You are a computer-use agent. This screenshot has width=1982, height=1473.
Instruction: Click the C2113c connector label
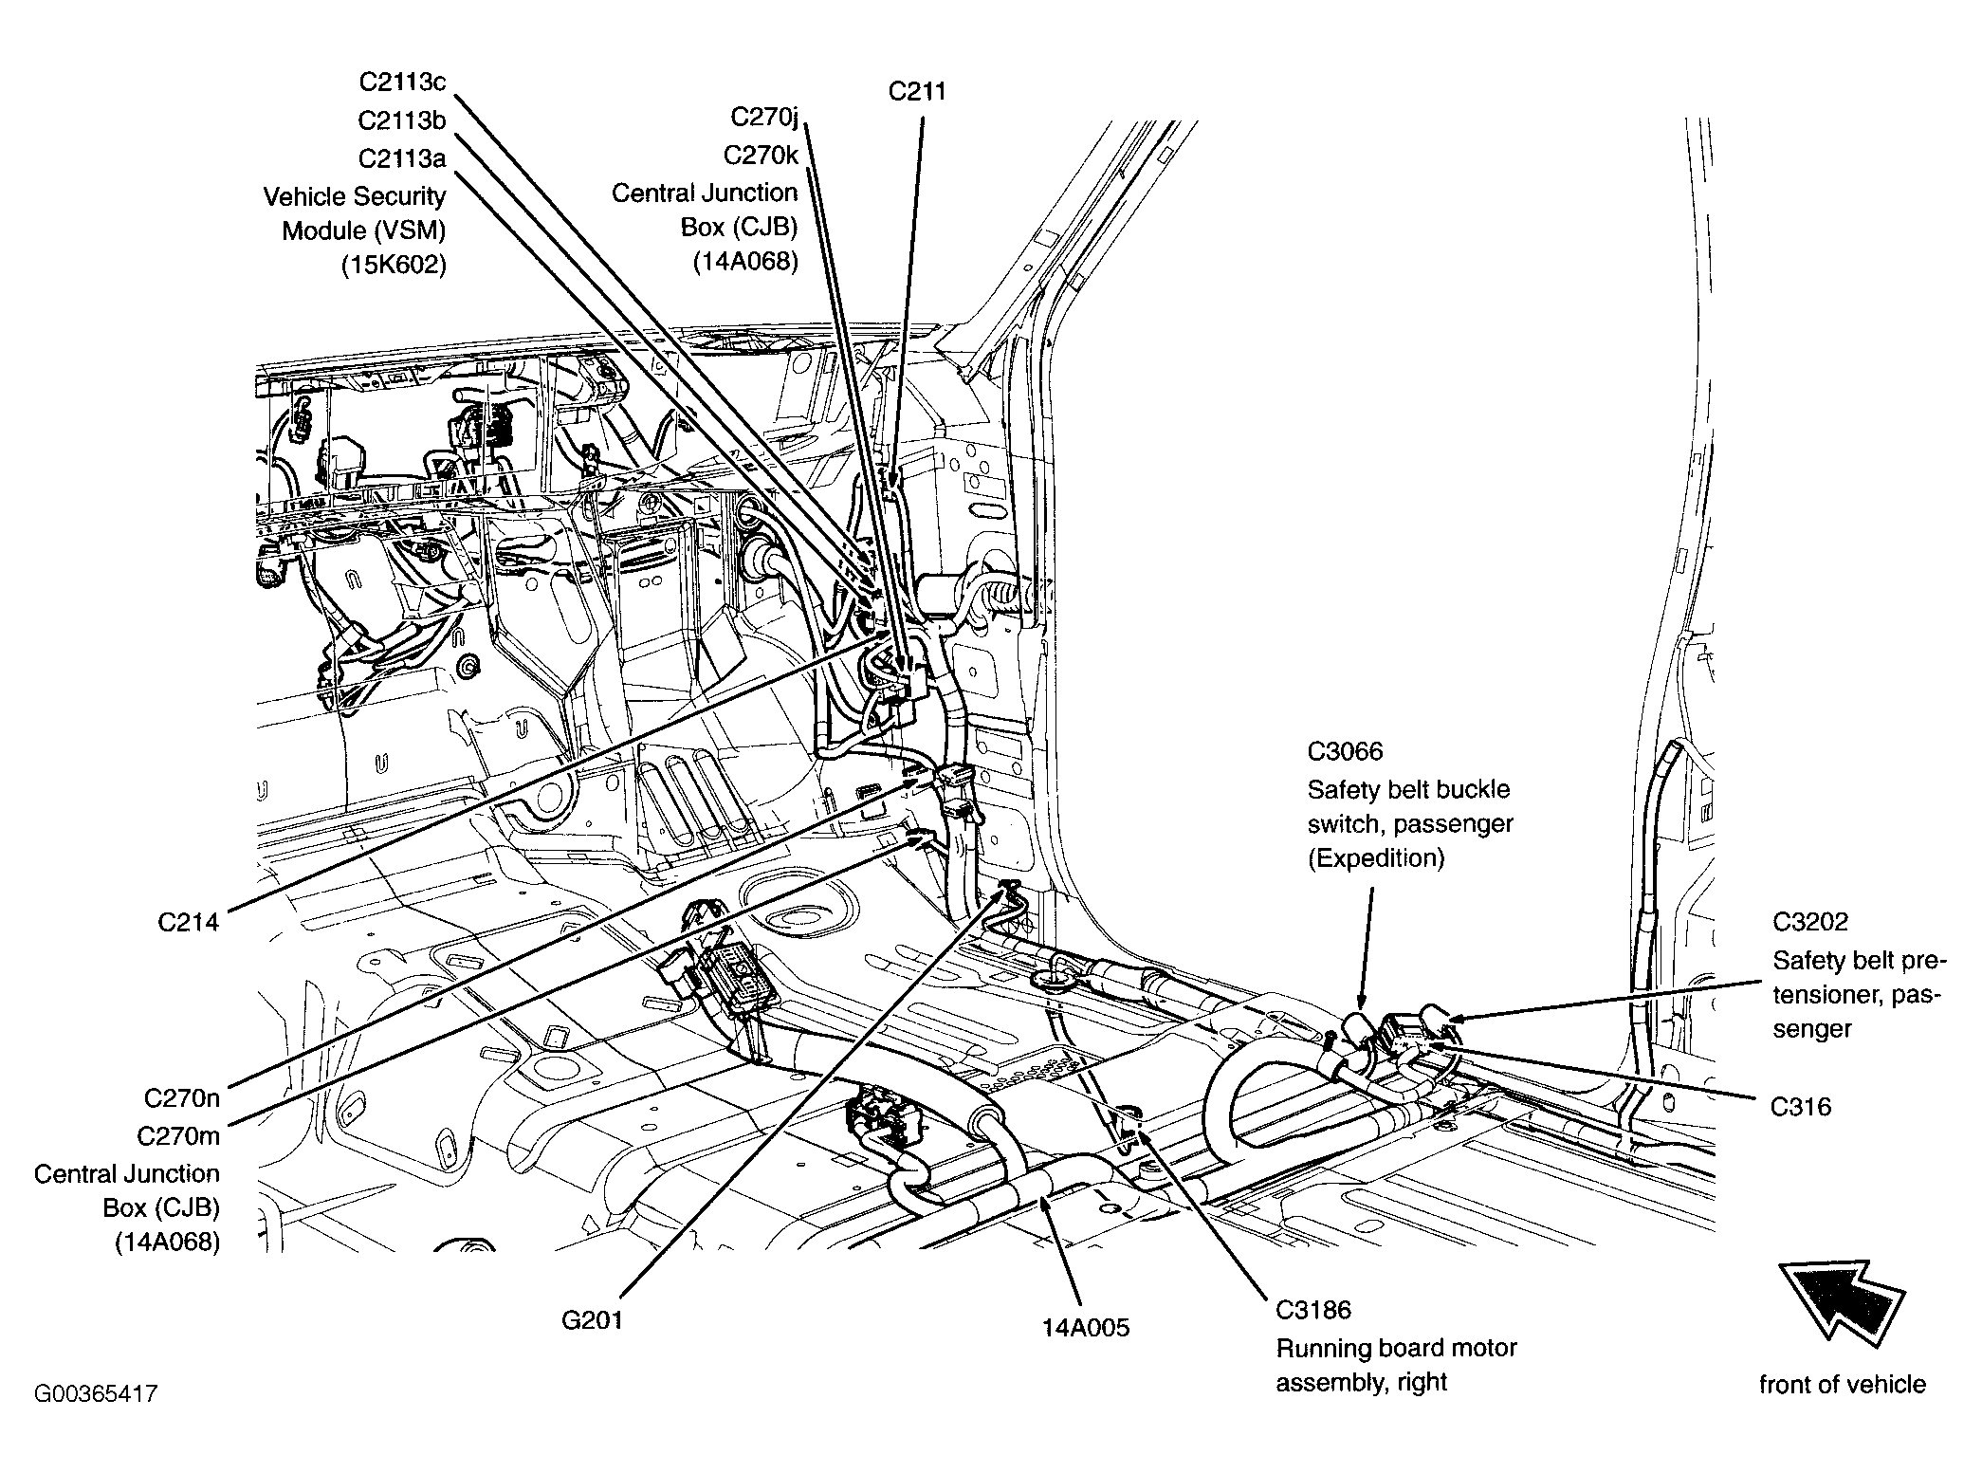click(402, 83)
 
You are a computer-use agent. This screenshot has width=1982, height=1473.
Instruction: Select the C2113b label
click(402, 120)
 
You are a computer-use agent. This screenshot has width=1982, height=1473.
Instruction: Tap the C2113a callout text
click(402, 158)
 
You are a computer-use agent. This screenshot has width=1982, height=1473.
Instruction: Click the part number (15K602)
click(394, 266)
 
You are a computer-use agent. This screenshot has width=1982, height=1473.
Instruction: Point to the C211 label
click(917, 92)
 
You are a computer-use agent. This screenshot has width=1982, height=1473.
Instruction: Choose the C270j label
click(764, 117)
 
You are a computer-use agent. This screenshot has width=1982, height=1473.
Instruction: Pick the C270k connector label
click(762, 155)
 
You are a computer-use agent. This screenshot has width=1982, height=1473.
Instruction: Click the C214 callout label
click(188, 922)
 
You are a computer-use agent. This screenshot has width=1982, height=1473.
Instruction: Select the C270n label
click(182, 1098)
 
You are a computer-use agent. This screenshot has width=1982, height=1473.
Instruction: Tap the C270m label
click(178, 1136)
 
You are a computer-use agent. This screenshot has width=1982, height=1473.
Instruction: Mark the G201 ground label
click(592, 1320)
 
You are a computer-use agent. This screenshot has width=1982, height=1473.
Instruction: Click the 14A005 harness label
click(1086, 1328)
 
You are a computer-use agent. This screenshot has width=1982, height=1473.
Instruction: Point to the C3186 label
click(1313, 1310)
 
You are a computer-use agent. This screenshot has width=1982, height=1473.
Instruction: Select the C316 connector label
click(1801, 1107)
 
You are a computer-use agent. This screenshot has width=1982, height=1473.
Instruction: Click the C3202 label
click(1811, 922)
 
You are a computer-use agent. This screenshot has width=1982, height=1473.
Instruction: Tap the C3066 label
click(1345, 752)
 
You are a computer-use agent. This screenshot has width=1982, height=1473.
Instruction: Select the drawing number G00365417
click(96, 1394)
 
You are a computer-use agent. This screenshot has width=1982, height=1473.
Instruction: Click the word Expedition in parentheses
click(1376, 858)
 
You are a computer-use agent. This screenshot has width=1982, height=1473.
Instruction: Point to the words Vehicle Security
click(355, 197)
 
